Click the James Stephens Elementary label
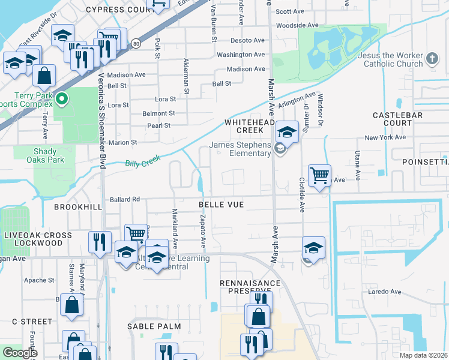coord(240,149)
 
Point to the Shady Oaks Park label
coord(45,156)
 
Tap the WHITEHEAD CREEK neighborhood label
coord(244,126)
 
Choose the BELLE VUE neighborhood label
coord(221,205)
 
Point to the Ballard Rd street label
coord(124,199)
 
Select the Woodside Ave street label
coord(297,25)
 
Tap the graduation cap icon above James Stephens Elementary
coord(288,131)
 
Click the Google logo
coord(20,352)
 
